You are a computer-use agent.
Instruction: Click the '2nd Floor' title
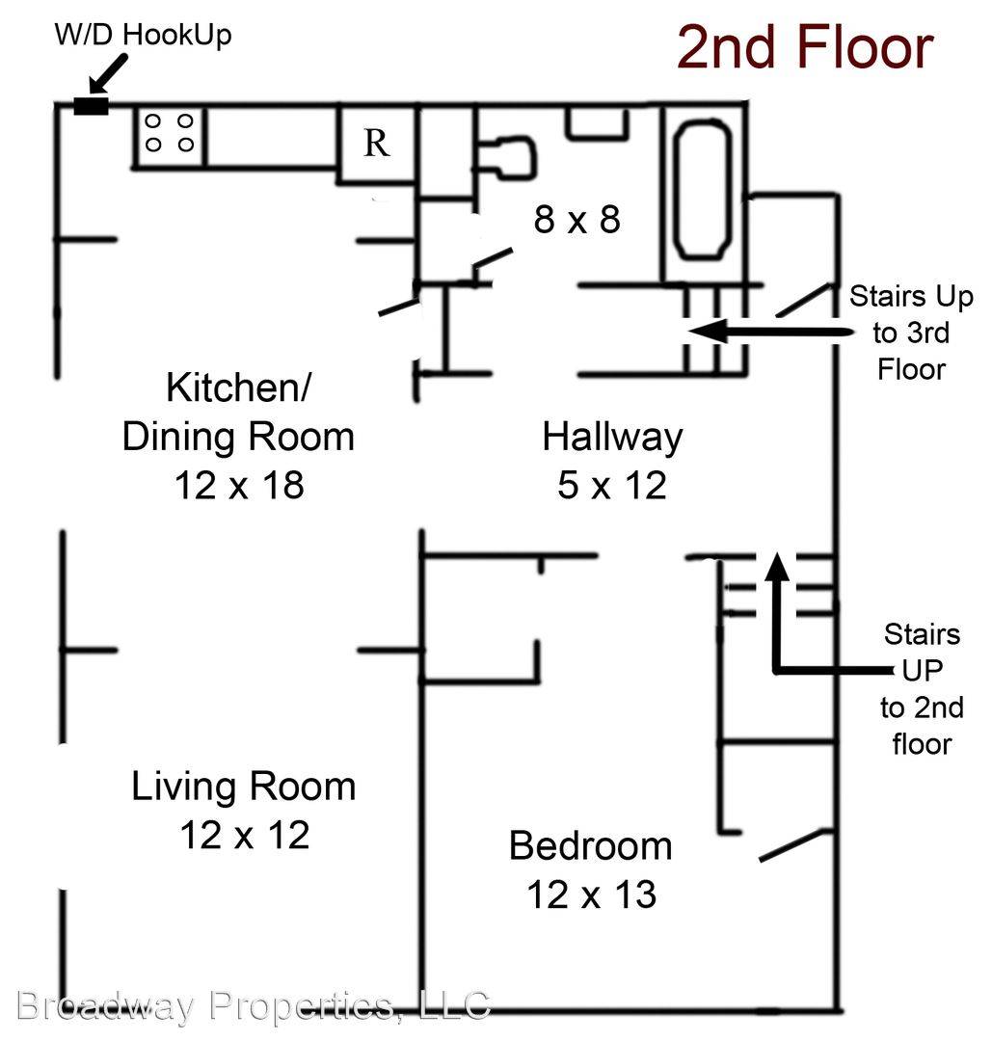coord(805,47)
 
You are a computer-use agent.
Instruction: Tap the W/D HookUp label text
coord(144,35)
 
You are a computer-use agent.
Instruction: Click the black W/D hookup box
coord(91,106)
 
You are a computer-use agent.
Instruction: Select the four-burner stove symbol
coord(170,136)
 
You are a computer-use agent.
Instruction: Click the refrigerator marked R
coord(377,142)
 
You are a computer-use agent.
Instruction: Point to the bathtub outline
coord(703,189)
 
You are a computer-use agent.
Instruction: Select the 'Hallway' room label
coord(612,438)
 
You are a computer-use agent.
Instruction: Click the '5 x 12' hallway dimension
coord(612,485)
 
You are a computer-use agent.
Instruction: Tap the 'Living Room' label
coord(244,787)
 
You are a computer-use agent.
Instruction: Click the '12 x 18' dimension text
coord(239,485)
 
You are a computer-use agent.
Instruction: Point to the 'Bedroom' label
coord(591,846)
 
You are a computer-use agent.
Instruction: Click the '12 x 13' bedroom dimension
coord(592,894)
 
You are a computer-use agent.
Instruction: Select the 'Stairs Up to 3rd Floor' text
coord(911,333)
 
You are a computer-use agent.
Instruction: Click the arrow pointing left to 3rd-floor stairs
coord(770,331)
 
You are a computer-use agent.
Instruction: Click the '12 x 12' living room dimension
coord(244,835)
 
